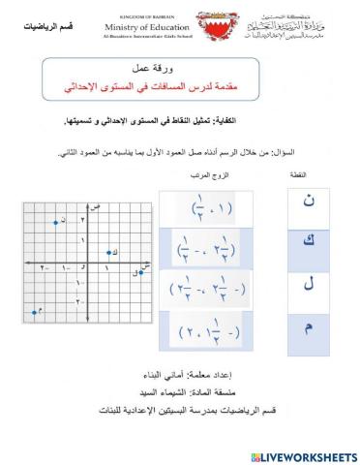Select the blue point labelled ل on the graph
141,272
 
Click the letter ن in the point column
309,203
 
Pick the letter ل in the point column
309,286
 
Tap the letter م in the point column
309,328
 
